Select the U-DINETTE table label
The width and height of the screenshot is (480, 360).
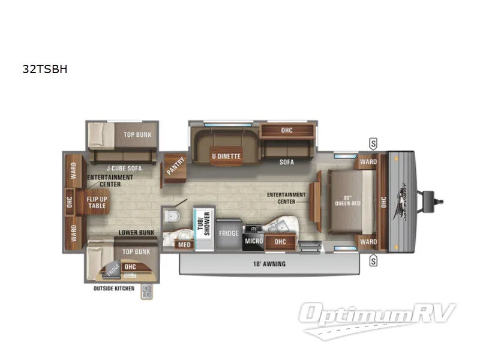pos(226,157)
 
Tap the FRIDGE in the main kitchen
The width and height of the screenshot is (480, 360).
pos(229,233)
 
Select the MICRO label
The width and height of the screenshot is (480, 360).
pos(251,241)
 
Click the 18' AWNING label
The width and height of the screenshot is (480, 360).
pos(269,263)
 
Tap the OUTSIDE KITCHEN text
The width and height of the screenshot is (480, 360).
pos(113,289)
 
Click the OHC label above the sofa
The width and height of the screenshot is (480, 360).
pos(287,130)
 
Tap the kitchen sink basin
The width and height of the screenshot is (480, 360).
pos(280,226)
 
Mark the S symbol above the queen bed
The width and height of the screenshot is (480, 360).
pos(373,143)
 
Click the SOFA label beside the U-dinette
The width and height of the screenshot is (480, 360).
pos(287,162)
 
